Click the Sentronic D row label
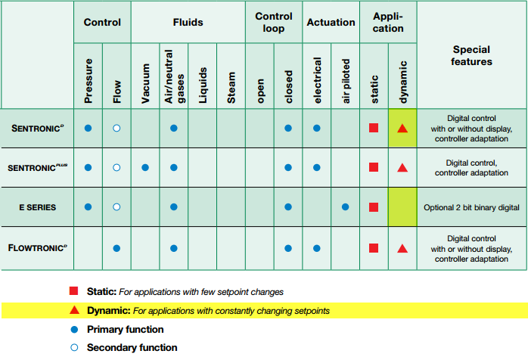pyautogui.click(x=37, y=129)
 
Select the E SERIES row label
pyautogui.click(x=37, y=207)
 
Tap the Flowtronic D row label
pyautogui.click(x=37, y=248)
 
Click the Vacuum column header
pyautogui.click(x=145, y=83)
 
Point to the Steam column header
pyautogui.click(x=231, y=88)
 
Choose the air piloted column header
pyautogui.click(x=346, y=81)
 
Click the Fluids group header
pyautogui.click(x=188, y=22)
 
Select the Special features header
pyautogui.click(x=471, y=55)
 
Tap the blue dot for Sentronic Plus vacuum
pyautogui.click(x=145, y=167)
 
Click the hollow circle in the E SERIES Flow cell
pyautogui.click(x=116, y=206)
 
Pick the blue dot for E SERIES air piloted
pyautogui.click(x=345, y=206)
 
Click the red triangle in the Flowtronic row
pyautogui.click(x=402, y=249)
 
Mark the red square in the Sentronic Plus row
pyautogui.click(x=374, y=167)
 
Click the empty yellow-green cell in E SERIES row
pyautogui.click(x=402, y=206)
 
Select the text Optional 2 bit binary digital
pyautogui.click(x=471, y=207)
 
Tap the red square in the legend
pyautogui.click(x=73, y=291)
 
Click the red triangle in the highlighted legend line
pyautogui.click(x=74, y=310)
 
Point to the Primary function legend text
pyautogui.click(x=126, y=329)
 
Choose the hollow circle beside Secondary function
pyautogui.click(x=74, y=348)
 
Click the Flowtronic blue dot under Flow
pyautogui.click(x=116, y=248)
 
